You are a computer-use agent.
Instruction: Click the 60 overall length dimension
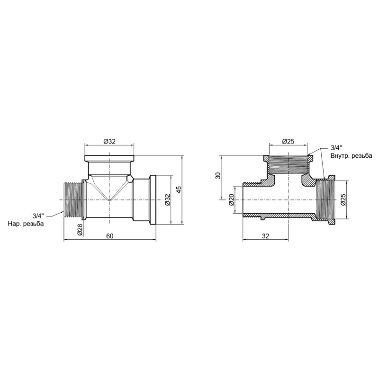pyautogui.click(x=110, y=236)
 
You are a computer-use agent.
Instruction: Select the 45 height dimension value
pyautogui.click(x=179, y=189)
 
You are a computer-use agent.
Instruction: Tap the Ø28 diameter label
pyautogui.click(x=80, y=230)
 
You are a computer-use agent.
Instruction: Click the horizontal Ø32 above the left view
pyautogui.click(x=109, y=141)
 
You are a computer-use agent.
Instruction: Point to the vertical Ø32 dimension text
pyautogui.click(x=167, y=200)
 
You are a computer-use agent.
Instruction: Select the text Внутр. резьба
pyautogui.click(x=351, y=155)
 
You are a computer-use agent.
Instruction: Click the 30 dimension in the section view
pyautogui.click(x=218, y=176)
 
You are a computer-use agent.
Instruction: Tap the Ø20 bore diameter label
pyautogui.click(x=232, y=200)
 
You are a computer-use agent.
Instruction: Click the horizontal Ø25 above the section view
pyautogui.click(x=289, y=141)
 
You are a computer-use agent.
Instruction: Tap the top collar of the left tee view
pyautogui.click(x=109, y=159)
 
